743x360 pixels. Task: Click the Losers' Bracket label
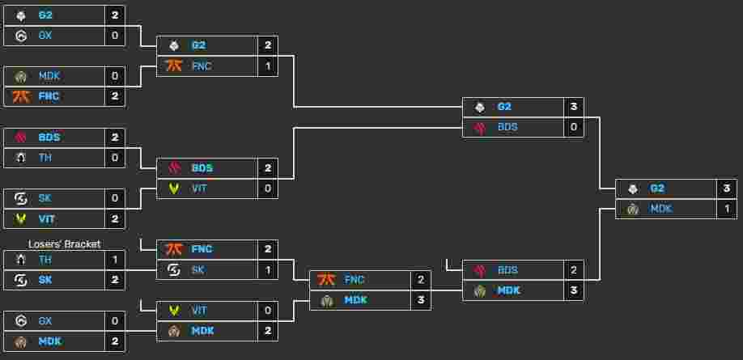coord(65,244)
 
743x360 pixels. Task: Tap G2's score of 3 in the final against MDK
coord(727,188)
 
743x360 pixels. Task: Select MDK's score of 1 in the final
coord(727,209)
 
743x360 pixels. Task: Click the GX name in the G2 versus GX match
coord(45,36)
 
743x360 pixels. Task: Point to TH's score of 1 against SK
coord(115,260)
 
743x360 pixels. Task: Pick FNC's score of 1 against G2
coord(268,66)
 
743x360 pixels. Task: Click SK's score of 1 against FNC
coord(268,269)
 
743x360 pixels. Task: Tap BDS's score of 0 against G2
coord(574,127)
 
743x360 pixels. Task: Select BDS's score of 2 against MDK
coord(574,270)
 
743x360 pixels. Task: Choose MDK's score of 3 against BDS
coord(574,290)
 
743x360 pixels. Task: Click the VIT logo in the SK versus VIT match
coord(21,219)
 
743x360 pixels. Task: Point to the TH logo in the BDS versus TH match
coord(21,157)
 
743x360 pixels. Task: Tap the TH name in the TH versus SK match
coord(45,260)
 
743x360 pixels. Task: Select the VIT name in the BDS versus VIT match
coord(199,188)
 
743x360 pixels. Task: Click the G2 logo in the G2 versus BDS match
coord(479,107)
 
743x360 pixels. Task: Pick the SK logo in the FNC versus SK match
coord(174,269)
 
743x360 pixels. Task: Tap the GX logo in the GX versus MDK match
coord(21,320)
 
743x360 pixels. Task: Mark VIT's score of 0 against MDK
coord(268,311)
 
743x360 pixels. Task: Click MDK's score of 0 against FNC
coord(115,76)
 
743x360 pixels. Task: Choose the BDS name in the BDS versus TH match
coord(49,138)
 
